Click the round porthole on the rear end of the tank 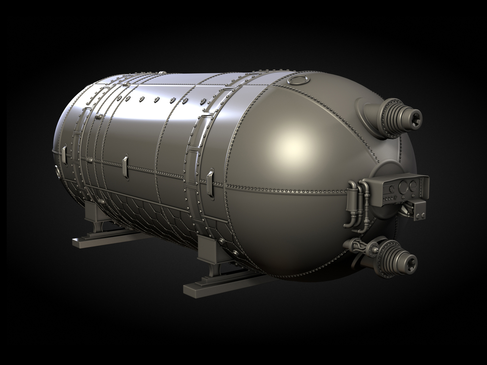[x=57, y=171]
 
